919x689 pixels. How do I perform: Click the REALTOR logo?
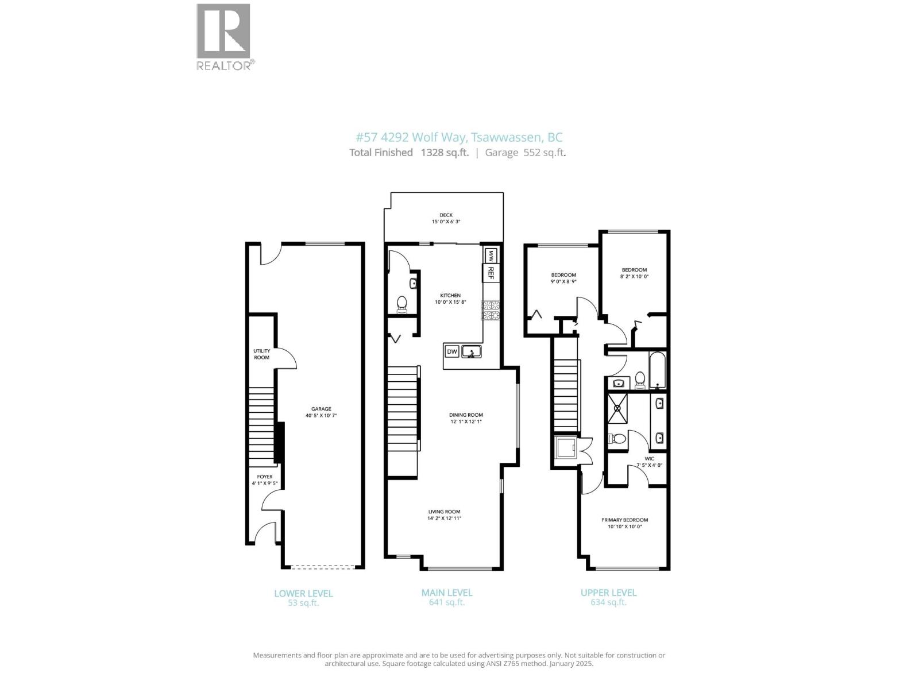click(224, 36)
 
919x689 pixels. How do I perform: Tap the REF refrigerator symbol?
click(491, 273)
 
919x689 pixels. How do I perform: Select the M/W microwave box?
click(491, 254)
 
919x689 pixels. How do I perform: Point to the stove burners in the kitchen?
click(491, 311)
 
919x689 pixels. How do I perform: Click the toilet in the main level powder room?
click(402, 303)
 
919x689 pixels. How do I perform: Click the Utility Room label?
click(261, 354)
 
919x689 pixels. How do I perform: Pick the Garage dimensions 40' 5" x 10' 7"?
click(322, 415)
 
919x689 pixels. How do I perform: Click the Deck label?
click(446, 215)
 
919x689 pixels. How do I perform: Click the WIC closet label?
click(649, 459)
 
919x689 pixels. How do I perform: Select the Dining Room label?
click(466, 415)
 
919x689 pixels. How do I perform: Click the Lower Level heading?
click(303, 593)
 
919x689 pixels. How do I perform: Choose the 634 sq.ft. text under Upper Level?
click(608, 602)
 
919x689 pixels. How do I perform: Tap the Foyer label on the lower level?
click(265, 477)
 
